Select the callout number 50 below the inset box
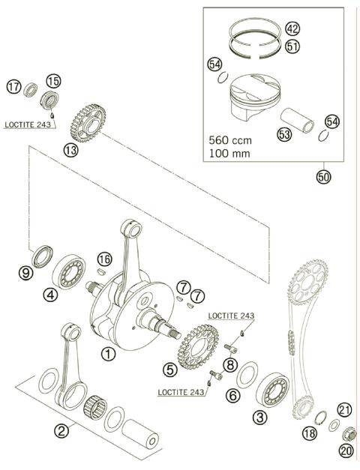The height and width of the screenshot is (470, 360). (324, 177)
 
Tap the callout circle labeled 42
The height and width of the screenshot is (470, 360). (292, 29)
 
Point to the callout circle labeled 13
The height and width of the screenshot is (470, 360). (70, 150)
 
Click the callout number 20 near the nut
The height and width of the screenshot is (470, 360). (346, 451)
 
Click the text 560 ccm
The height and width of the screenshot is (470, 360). (231, 139)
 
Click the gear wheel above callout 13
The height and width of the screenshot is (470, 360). (89, 119)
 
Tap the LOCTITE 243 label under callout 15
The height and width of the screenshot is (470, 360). (27, 124)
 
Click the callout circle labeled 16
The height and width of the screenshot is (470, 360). (105, 259)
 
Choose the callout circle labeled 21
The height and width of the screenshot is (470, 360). (344, 409)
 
